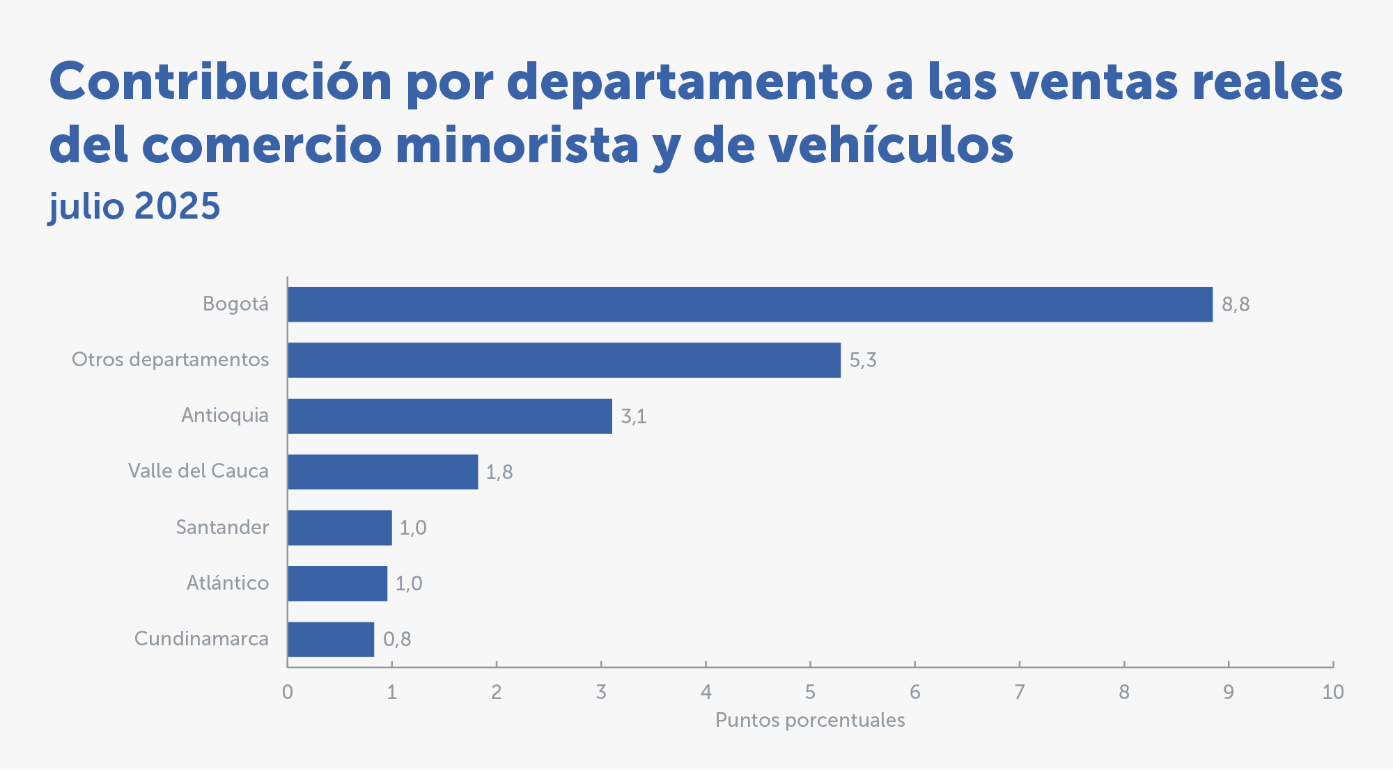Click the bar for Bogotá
coord(749,304)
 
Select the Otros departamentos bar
coord(564,360)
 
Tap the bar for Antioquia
coord(450,416)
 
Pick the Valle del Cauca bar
coord(383,471)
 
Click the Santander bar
coord(340,528)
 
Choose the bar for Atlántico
coord(338,583)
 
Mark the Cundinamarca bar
coord(331,639)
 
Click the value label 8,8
coord(1236,305)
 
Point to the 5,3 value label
coord(862,361)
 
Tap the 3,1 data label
coord(634,416)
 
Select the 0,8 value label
coord(397,639)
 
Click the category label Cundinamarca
coord(201,638)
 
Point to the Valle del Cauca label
coord(199,471)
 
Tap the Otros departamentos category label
coord(171,360)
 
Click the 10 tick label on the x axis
coord(1332,692)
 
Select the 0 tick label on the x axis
coord(288,692)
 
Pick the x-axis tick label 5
coord(810,692)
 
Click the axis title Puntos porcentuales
coord(810,720)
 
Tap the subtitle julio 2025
coord(134,206)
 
